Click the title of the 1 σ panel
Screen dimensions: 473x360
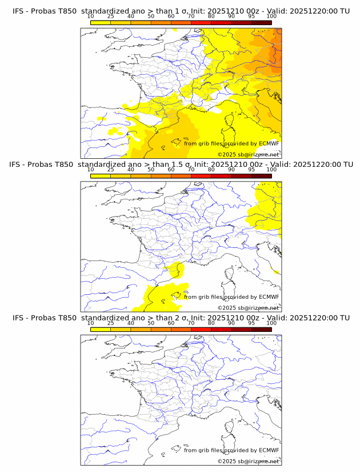coord(181,11)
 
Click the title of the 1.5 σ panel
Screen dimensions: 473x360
coord(181,165)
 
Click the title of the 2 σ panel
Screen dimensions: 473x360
coord(181,318)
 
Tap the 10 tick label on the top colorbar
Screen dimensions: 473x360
coord(91,17)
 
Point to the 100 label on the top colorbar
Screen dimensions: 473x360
coord(271,17)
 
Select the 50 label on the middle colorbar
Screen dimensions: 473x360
coord(151,170)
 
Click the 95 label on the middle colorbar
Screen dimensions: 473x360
coord(251,170)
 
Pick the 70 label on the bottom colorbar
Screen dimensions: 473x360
coord(191,323)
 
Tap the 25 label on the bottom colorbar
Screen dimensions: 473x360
coord(111,323)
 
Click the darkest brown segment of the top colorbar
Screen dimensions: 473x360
coord(261,22)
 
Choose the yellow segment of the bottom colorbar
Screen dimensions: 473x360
coord(101,329)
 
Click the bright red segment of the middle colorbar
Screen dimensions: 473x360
coord(201,176)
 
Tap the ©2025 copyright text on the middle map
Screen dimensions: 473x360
coord(249,308)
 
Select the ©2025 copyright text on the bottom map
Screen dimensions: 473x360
coord(249,461)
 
